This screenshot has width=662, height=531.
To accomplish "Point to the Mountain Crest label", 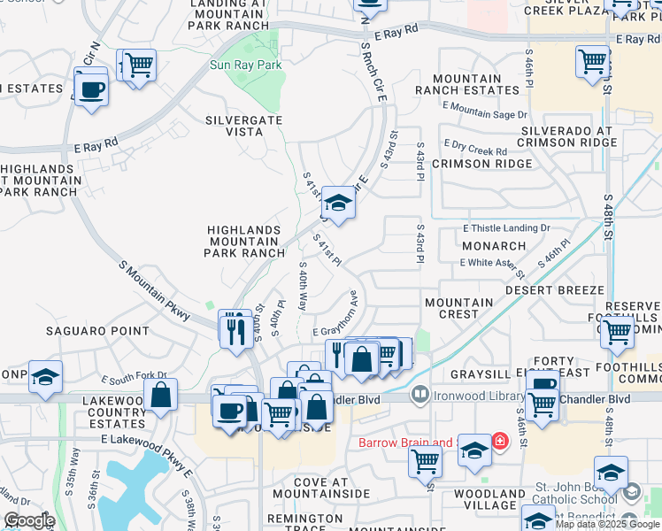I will (458, 308).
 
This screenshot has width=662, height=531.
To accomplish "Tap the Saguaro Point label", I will (99, 331).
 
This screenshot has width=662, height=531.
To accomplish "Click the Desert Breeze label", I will (555, 289).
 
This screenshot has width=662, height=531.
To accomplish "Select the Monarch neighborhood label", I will (494, 246).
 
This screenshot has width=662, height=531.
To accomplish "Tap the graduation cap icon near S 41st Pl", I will (337, 204).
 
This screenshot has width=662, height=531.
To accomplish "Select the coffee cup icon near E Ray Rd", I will (91, 88).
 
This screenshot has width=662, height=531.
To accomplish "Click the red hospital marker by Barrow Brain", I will (499, 440).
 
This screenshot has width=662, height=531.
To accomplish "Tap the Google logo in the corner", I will (29, 519).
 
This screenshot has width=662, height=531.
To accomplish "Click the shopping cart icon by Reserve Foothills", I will (616, 333).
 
